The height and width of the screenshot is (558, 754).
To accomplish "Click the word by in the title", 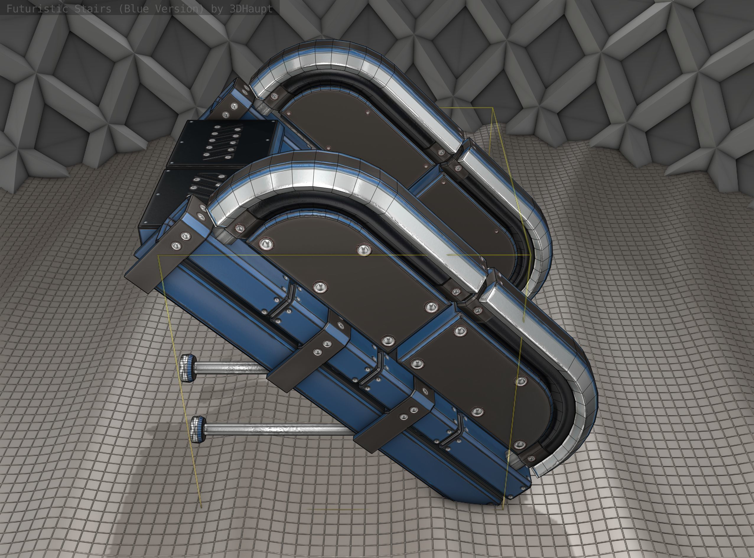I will pyautogui.click(x=216, y=9).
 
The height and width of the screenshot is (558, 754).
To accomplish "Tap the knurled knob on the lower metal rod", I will pyautogui.click(x=198, y=429).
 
